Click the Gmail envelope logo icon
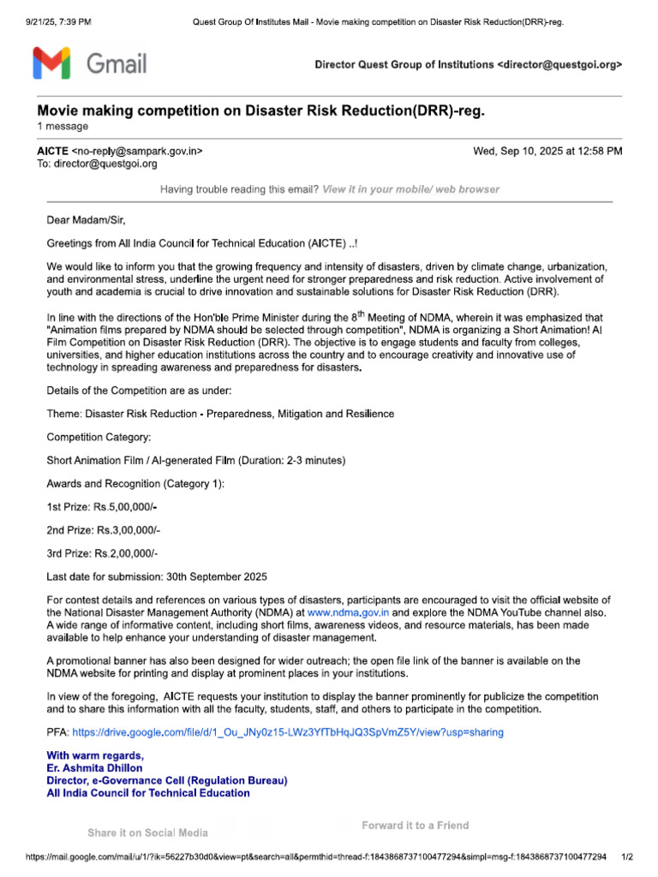tap(51, 63)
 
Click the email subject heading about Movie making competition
tap(266, 111)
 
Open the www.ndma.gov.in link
tap(348, 613)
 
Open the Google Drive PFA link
tap(288, 732)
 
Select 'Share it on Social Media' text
tap(147, 832)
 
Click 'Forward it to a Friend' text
tap(415, 826)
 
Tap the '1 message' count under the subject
tap(62, 127)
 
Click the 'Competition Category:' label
tap(99, 437)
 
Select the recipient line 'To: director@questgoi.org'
tap(102, 164)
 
